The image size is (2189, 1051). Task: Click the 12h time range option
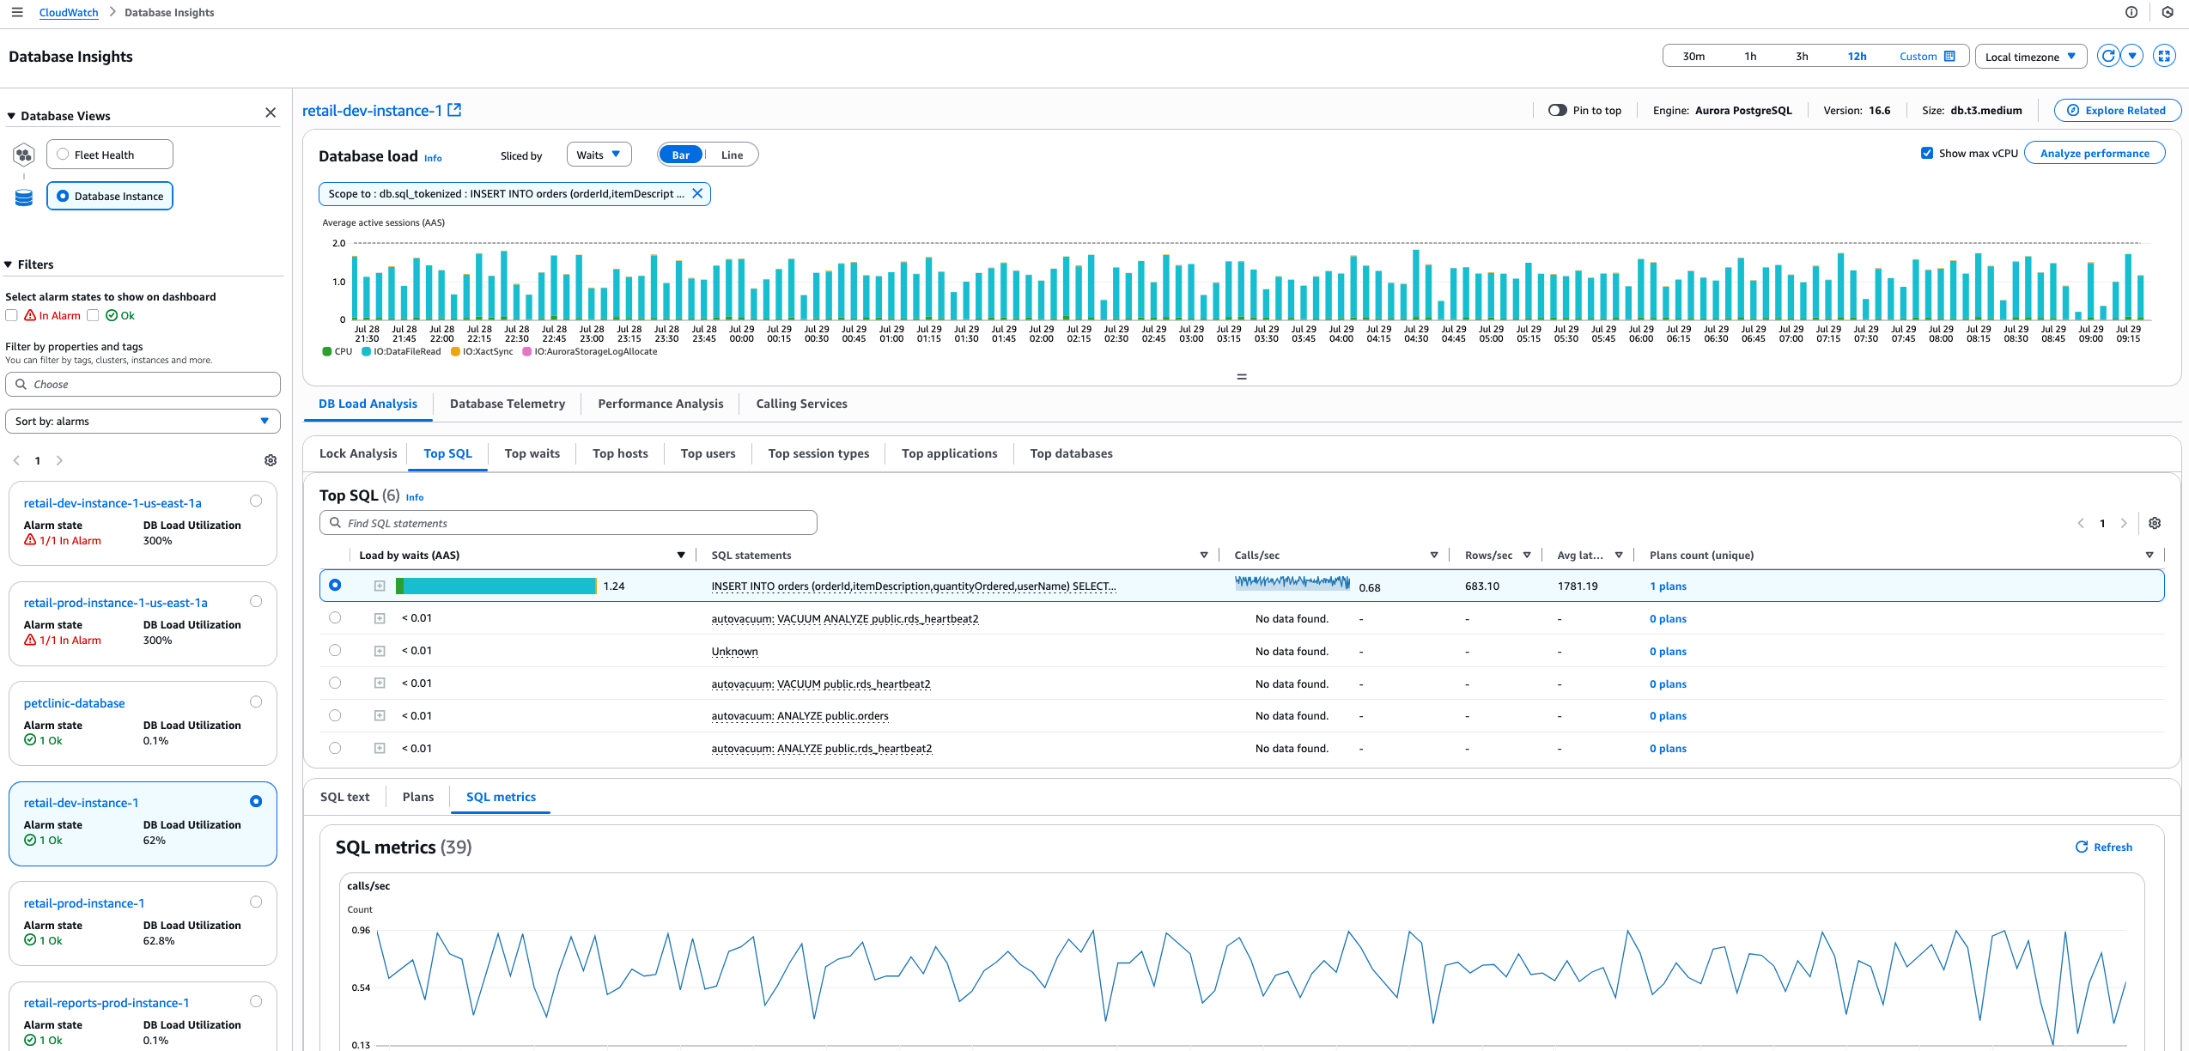pyautogui.click(x=1857, y=57)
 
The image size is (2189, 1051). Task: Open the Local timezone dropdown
pyautogui.click(x=2030, y=57)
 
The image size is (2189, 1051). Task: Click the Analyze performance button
pyautogui.click(x=2094, y=154)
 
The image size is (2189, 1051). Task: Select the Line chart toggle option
pyautogui.click(x=732, y=155)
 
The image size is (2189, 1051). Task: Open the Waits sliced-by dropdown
pyautogui.click(x=599, y=155)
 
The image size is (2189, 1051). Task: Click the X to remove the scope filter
pyautogui.click(x=697, y=194)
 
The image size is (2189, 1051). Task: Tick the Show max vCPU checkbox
pyautogui.click(x=1926, y=154)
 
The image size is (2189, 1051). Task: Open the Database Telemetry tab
pyautogui.click(x=507, y=404)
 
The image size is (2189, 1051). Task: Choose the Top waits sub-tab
pyautogui.click(x=532, y=453)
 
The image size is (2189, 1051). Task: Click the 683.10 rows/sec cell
pyautogui.click(x=1481, y=586)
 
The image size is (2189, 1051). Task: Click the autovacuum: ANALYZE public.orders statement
pyautogui.click(x=800, y=716)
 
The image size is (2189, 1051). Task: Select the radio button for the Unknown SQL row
pyautogui.click(x=335, y=651)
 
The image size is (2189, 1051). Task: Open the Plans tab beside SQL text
pyautogui.click(x=417, y=797)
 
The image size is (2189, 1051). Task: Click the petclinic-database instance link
pyautogui.click(x=75, y=703)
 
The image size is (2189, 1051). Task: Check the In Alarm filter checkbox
pyautogui.click(x=12, y=316)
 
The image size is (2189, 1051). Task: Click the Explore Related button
pyautogui.click(x=2116, y=111)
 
